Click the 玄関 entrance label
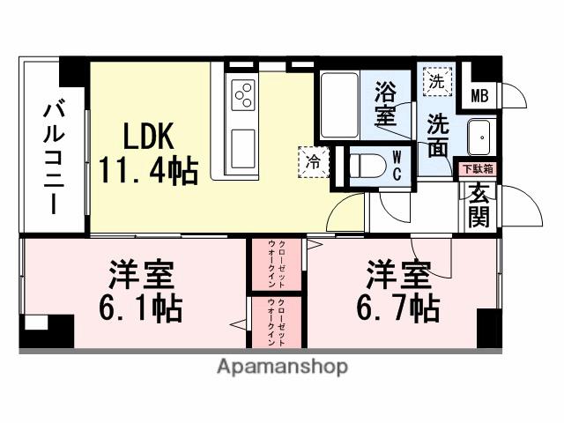click(479, 204)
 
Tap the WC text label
click(397, 165)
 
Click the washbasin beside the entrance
click(481, 138)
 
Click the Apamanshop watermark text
click(281, 366)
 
